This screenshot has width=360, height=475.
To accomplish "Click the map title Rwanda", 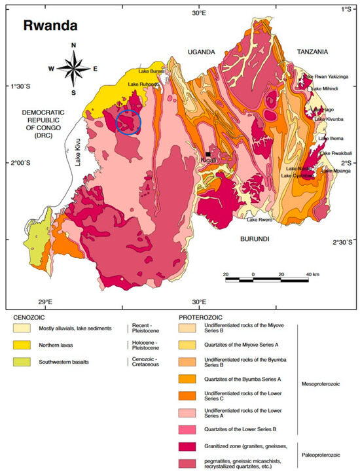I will (x=50, y=27).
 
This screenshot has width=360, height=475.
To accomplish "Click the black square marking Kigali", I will (x=207, y=153).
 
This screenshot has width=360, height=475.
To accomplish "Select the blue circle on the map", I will (x=128, y=122).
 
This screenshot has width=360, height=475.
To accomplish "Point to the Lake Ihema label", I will (x=331, y=139).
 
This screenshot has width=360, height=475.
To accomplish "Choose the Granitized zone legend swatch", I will (x=189, y=446).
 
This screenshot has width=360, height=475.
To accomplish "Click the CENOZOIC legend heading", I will (x=32, y=317).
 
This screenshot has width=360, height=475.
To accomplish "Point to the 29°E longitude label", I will (x=45, y=302).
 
